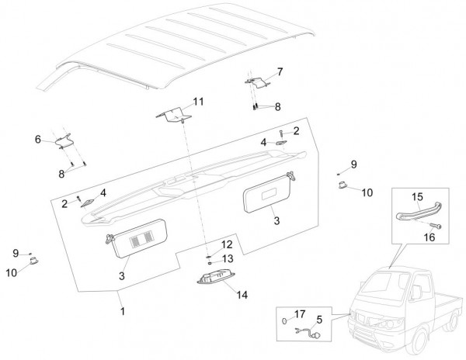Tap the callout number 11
click(199, 102)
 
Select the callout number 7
click(280, 71)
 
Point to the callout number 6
click(37, 139)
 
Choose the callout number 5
click(318, 318)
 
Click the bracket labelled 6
click(66, 140)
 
